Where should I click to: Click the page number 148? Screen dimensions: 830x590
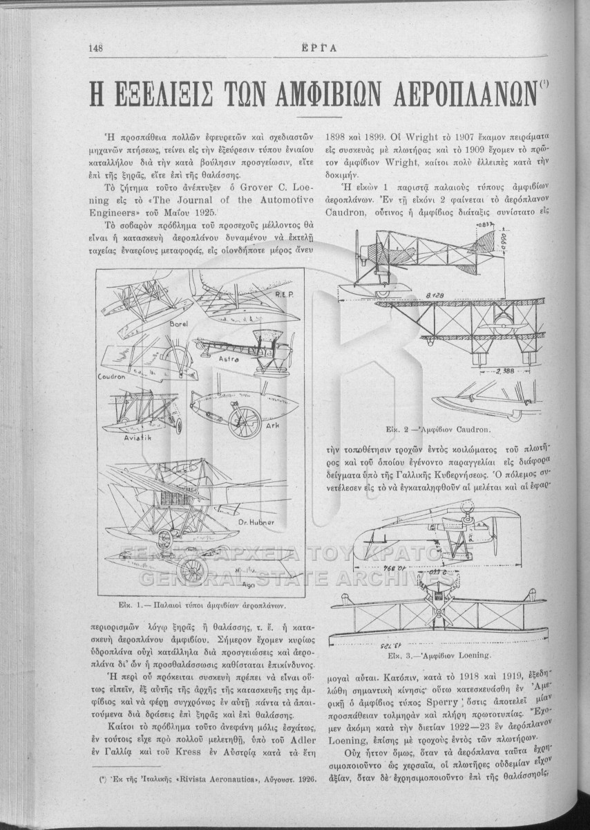click(96, 48)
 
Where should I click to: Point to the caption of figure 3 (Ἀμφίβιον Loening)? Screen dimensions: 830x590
click(447, 652)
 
